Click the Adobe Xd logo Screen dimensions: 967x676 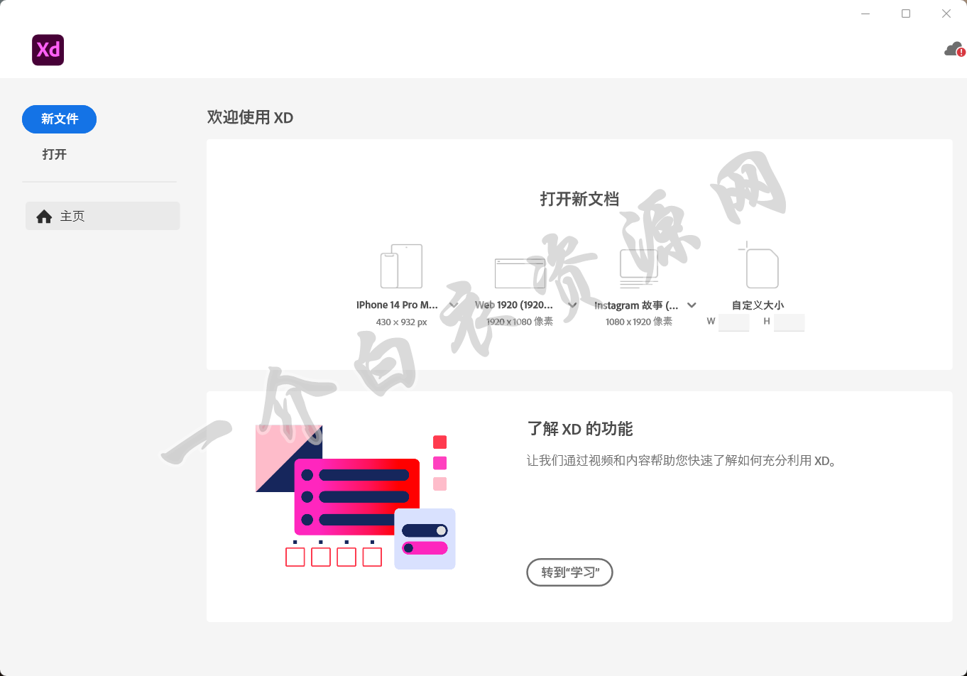[x=48, y=50]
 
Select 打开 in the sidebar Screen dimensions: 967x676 [x=55, y=154]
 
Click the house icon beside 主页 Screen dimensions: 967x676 [x=44, y=217]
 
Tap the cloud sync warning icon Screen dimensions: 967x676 [x=954, y=50]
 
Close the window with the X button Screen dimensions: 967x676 [x=946, y=13]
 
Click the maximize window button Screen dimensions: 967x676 [x=906, y=13]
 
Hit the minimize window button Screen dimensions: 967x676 [x=865, y=13]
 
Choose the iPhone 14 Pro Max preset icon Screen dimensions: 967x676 [x=401, y=266]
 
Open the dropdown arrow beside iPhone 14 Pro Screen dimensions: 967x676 [x=454, y=305]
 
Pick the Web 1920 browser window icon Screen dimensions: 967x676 [x=520, y=273]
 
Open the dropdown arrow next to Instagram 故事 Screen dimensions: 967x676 [x=692, y=305]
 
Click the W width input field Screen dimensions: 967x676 [x=733, y=322]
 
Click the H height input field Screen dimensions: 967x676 [x=789, y=322]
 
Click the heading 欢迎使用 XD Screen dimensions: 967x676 [x=250, y=117]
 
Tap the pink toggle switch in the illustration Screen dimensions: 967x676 [x=425, y=548]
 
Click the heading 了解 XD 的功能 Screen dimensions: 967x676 [x=580, y=429]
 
